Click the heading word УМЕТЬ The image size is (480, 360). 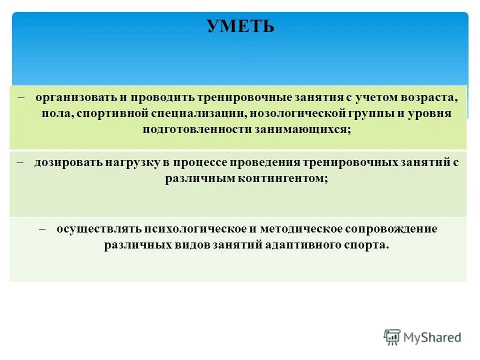[x=240, y=26]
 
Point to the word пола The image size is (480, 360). [x=57, y=113]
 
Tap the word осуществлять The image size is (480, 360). [x=98, y=229]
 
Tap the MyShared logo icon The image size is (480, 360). [x=392, y=337]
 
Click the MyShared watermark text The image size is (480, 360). [x=433, y=337]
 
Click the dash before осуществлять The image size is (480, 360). [x=42, y=228]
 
